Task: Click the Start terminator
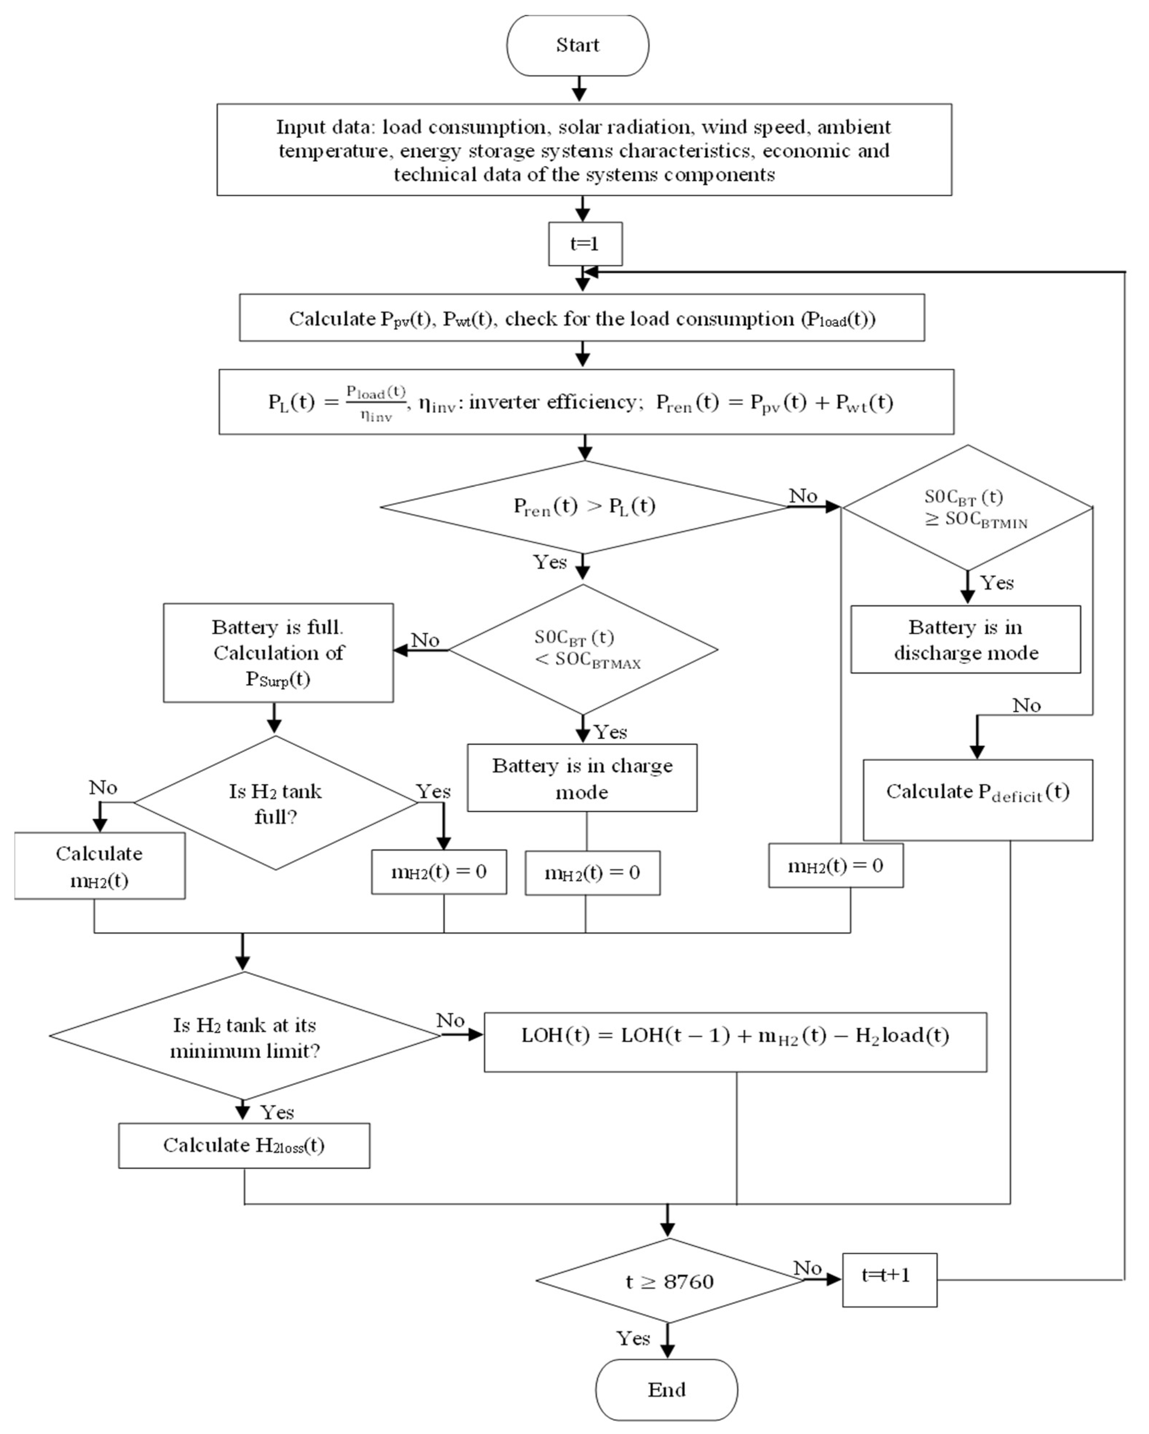click(577, 45)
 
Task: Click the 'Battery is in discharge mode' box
click(965, 639)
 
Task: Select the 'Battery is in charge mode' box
click(582, 777)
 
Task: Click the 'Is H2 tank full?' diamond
click(275, 803)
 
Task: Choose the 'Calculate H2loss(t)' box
click(244, 1145)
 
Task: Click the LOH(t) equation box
click(735, 1042)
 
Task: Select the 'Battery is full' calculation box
click(278, 653)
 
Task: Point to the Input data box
click(584, 149)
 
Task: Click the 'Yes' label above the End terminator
click(633, 1338)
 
